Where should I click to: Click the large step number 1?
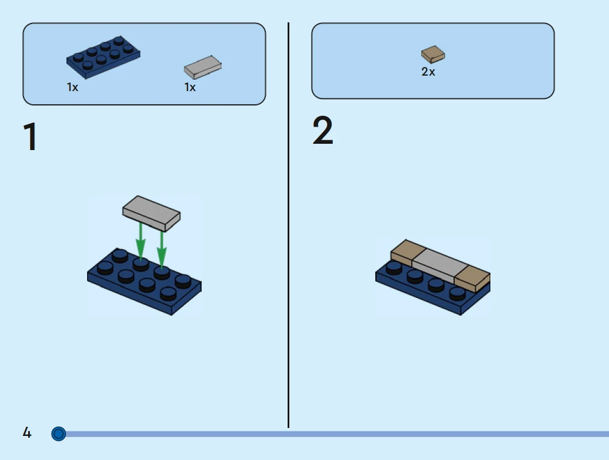(x=30, y=136)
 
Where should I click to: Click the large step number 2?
(x=323, y=130)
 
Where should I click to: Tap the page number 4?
(x=27, y=433)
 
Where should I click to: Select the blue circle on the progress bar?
(x=58, y=434)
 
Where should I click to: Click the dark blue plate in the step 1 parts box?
(x=103, y=57)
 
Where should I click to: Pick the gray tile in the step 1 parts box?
(x=202, y=67)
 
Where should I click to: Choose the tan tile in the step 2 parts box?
(x=433, y=54)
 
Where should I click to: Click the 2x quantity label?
(x=428, y=72)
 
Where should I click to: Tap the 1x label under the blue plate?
(x=72, y=88)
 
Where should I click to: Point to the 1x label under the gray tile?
(x=190, y=88)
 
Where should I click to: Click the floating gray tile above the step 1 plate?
(x=151, y=214)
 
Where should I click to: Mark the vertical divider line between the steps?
(x=288, y=225)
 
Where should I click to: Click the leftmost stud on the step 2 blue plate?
(x=394, y=268)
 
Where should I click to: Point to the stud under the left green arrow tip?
(x=140, y=264)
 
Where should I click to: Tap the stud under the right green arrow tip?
(x=162, y=272)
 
